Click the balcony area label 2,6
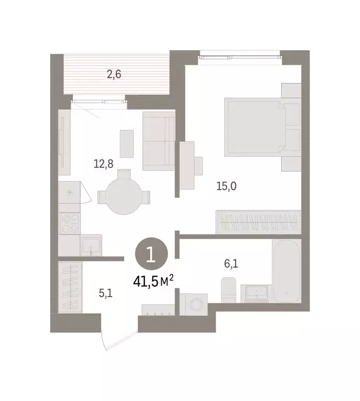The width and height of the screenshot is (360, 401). coord(114,75)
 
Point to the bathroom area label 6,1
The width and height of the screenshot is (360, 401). coord(231,264)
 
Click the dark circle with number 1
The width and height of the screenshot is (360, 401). coord(152,255)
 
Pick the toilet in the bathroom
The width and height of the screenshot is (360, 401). coord(229,290)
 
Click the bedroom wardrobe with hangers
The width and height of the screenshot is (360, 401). coord(258,222)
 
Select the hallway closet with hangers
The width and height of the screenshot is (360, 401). coord(68,287)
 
